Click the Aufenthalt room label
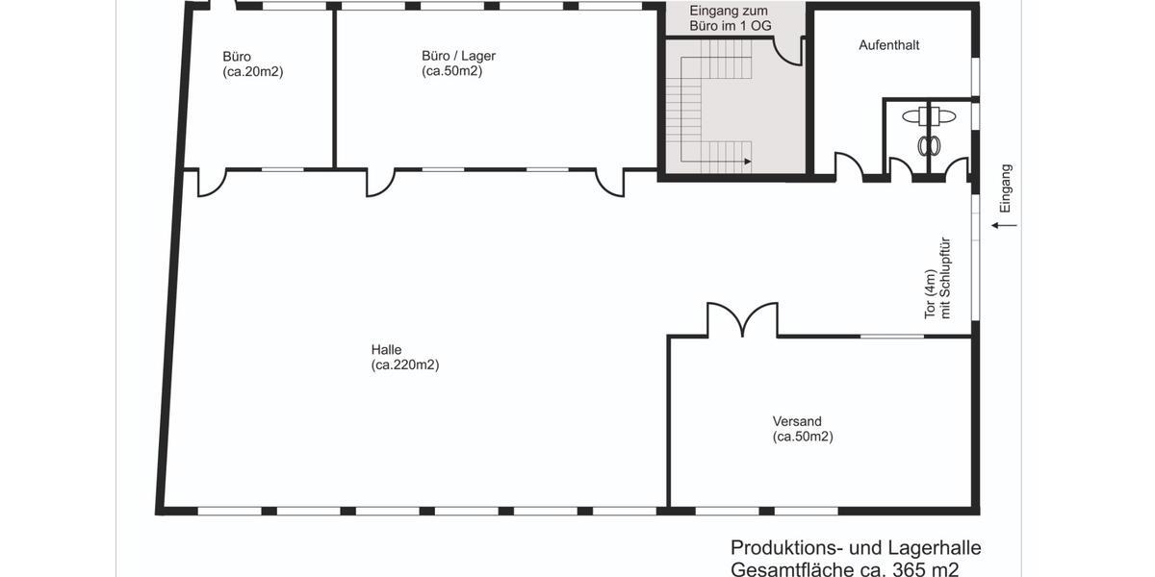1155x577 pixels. [x=888, y=45]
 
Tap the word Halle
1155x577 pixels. [x=386, y=349]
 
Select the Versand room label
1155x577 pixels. [x=797, y=421]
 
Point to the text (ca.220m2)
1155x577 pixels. [x=405, y=364]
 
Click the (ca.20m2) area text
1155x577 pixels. [x=253, y=71]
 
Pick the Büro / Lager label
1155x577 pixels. [x=458, y=56]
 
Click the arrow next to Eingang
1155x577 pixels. [x=1004, y=225]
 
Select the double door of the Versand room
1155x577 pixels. [x=742, y=320]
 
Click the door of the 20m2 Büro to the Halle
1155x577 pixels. [x=212, y=183]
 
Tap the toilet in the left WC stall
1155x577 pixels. [x=929, y=144]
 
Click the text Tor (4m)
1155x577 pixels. [x=930, y=292]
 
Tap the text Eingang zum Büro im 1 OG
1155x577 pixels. [x=731, y=17]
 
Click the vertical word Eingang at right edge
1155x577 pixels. [x=1006, y=188]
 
